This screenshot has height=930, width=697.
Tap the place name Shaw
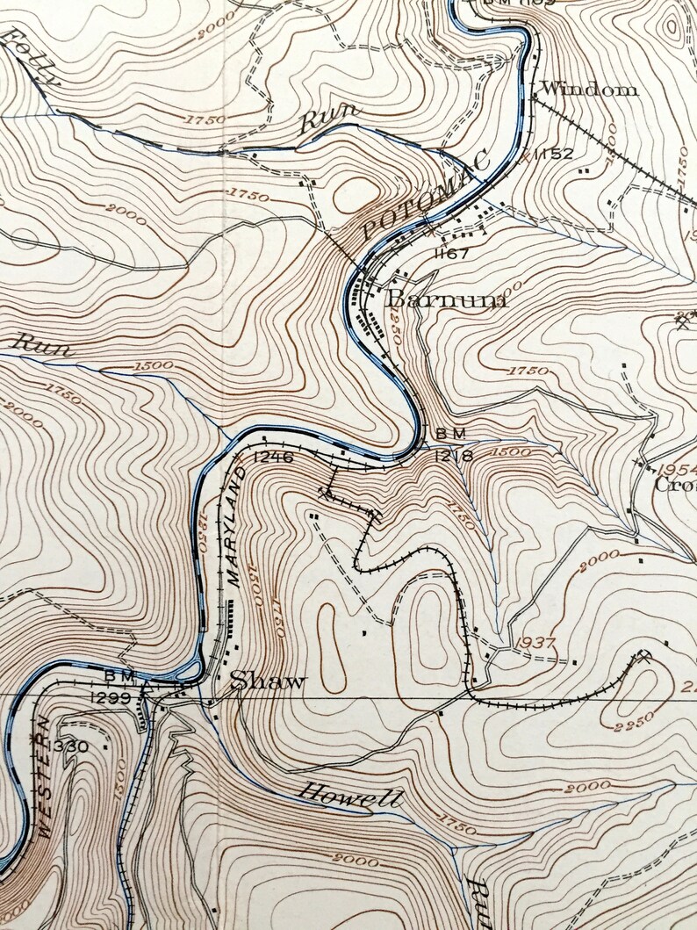click(269, 681)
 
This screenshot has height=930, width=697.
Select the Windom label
click(588, 89)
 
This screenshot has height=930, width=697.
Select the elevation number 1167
click(452, 254)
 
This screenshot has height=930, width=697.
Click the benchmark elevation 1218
click(454, 456)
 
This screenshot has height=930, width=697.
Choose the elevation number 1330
click(70, 746)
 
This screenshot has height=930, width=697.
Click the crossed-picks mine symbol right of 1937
click(645, 654)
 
